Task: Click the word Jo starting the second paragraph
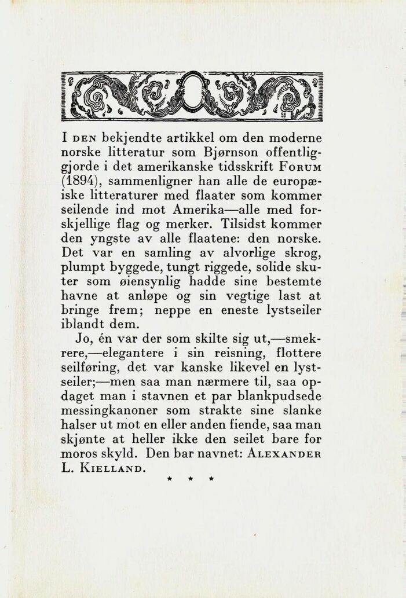[x=83, y=338]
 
